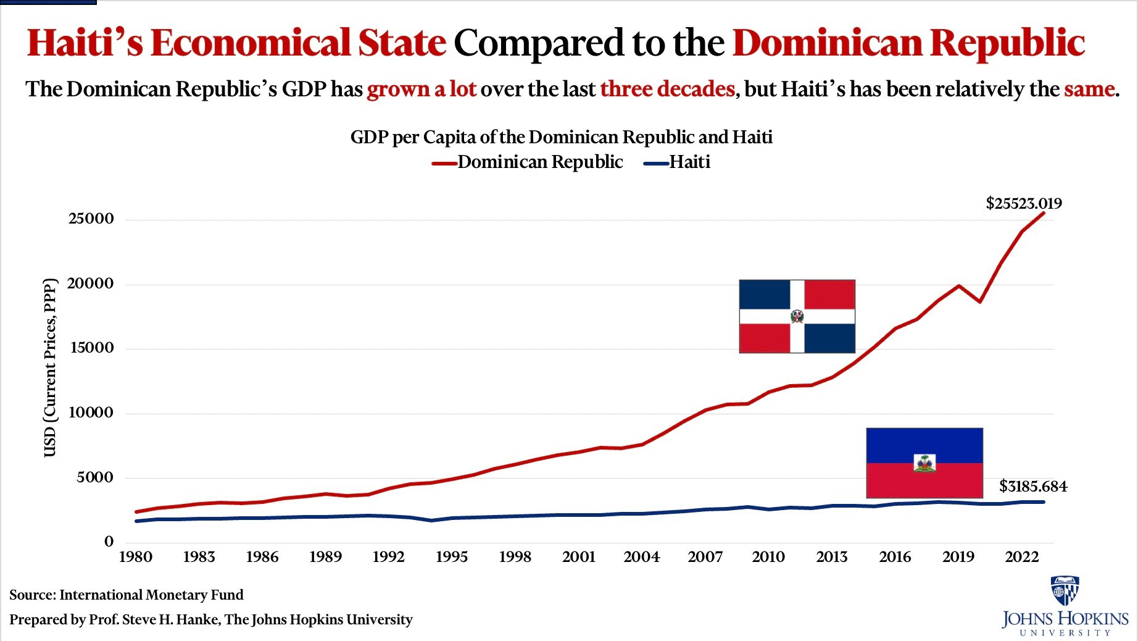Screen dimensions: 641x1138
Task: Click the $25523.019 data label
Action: point(1023,203)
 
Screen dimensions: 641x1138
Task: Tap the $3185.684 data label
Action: point(1032,486)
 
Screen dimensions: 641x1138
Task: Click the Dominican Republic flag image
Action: point(797,316)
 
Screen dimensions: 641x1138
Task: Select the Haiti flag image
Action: point(924,463)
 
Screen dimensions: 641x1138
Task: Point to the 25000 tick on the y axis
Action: point(91,219)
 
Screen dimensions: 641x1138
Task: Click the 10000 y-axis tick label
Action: point(91,413)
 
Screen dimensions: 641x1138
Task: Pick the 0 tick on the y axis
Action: point(109,542)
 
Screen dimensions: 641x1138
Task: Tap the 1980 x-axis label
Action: point(135,557)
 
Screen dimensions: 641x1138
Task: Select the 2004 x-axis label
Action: point(641,557)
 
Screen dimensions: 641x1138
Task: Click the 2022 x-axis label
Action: point(1021,557)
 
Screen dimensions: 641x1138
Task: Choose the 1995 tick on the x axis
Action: point(451,557)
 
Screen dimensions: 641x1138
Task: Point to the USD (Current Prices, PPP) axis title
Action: point(50,368)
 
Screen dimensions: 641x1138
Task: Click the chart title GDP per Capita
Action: point(561,136)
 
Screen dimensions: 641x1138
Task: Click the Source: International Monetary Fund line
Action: point(127,595)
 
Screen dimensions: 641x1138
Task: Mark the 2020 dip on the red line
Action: point(979,301)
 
